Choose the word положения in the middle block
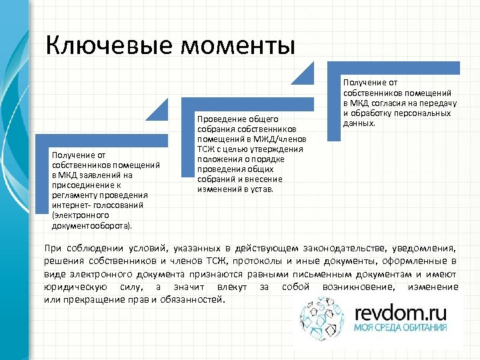click(x=218, y=159)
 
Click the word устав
click(x=266, y=189)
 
